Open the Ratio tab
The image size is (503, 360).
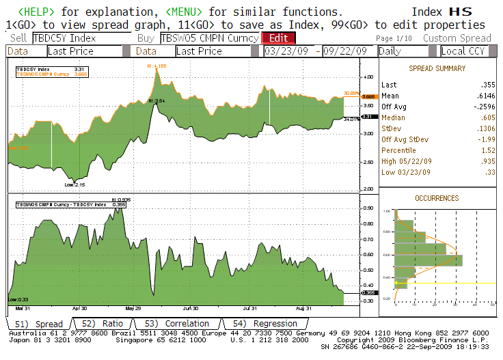point(103,324)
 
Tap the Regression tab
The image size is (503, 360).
point(265,324)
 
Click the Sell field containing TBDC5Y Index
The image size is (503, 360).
point(81,38)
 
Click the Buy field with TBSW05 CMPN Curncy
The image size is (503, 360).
point(210,38)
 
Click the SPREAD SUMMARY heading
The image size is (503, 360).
point(437,69)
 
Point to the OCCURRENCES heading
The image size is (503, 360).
point(437,198)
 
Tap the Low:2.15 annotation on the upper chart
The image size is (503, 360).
point(74,184)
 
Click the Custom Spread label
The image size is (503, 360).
point(457,38)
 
